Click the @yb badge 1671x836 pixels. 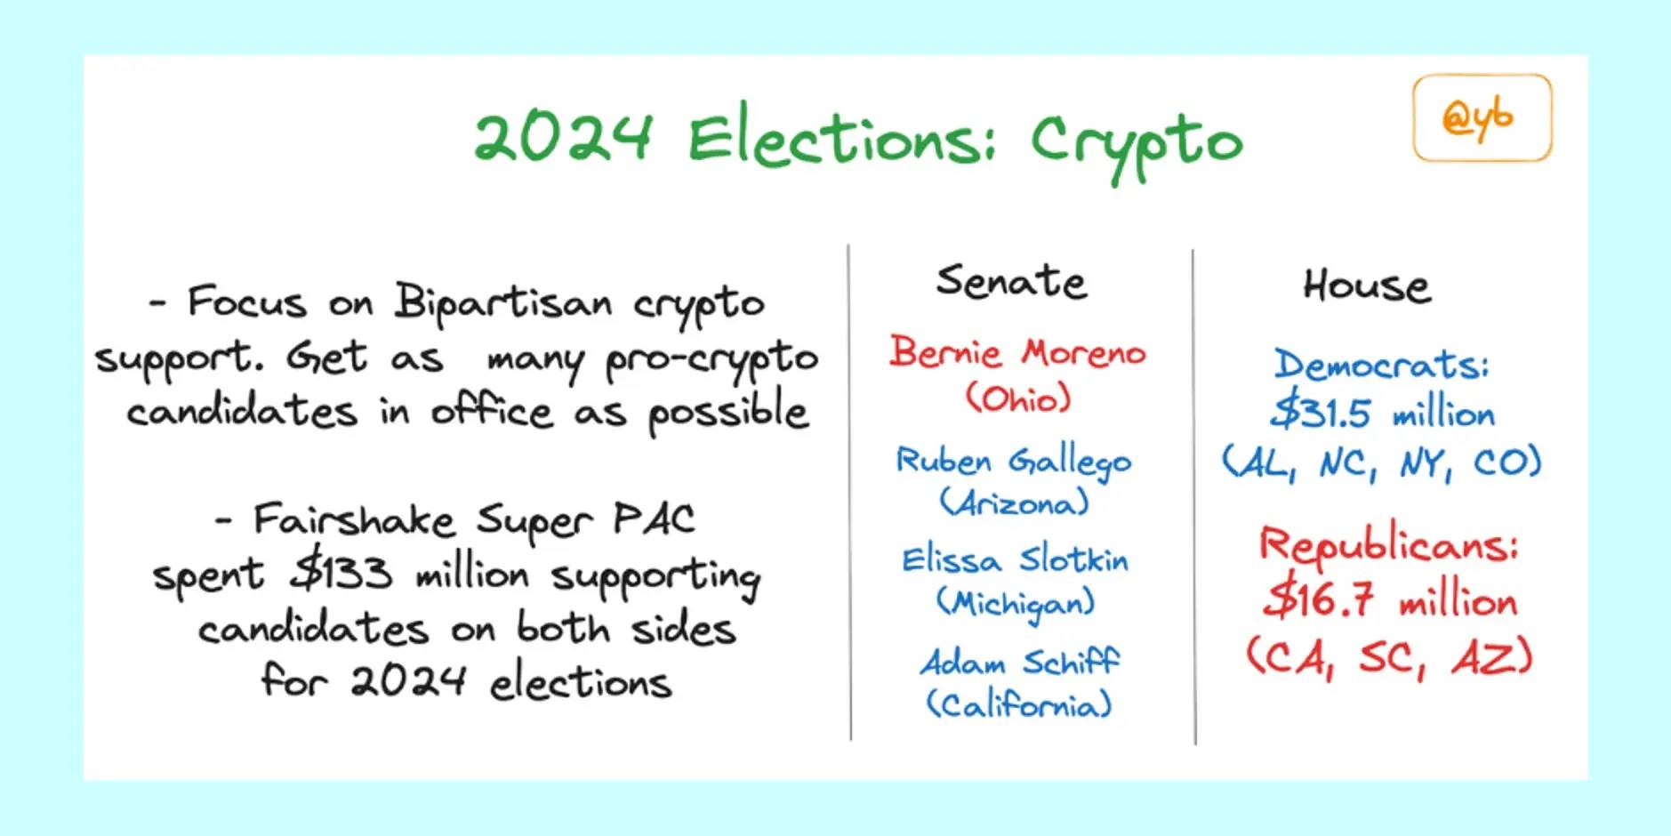(1482, 117)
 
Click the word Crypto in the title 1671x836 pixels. (1136, 144)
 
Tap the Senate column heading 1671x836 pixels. (1011, 282)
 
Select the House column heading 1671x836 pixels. (1367, 285)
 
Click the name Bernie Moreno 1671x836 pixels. (1017, 352)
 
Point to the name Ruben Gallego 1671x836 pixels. (1014, 462)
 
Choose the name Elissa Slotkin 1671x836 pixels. (1015, 559)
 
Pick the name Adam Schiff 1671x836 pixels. (1020, 663)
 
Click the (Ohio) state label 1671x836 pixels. (1018, 398)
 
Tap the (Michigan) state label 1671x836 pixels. (1016, 604)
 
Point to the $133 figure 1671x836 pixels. (341, 573)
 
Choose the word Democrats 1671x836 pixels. (1381, 365)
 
